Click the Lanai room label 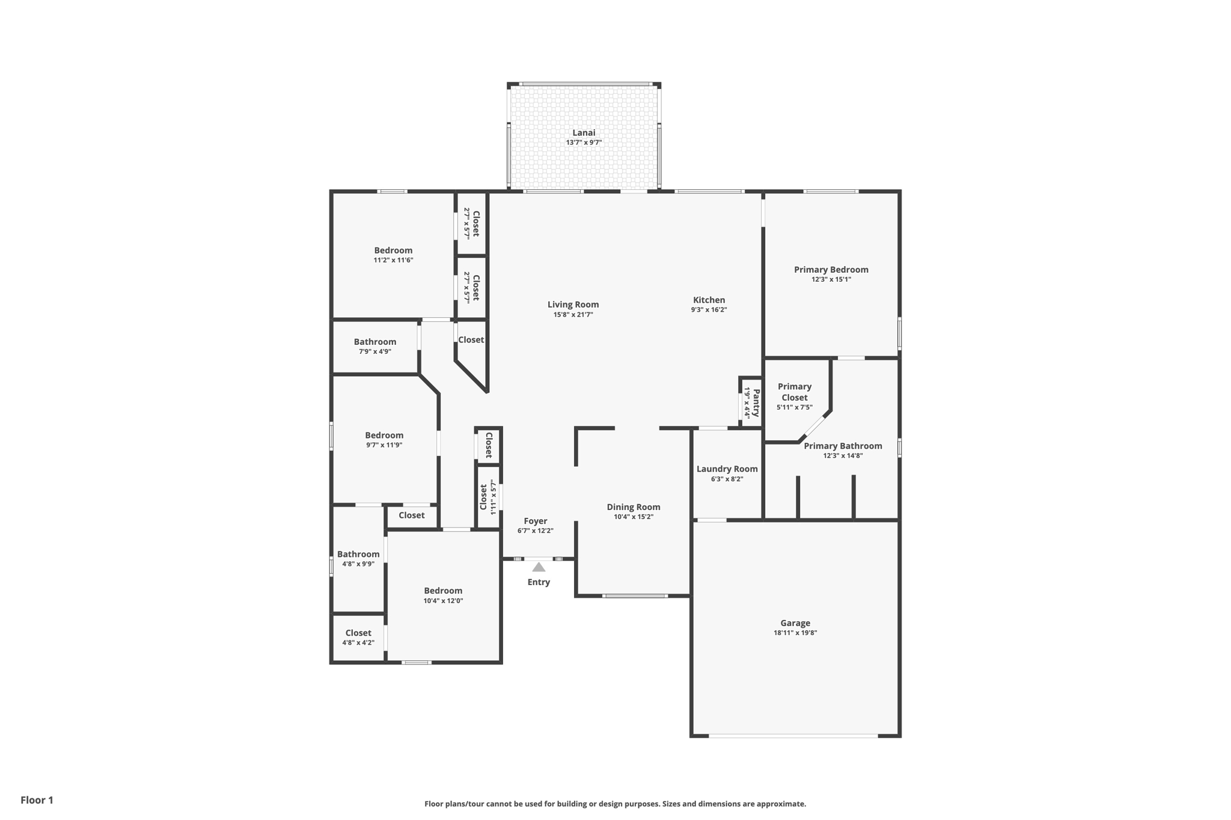coord(584,133)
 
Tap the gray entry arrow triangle coord(539,567)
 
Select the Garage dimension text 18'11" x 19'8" coord(795,633)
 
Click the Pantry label coord(756,402)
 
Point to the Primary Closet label coord(795,392)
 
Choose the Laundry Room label coord(727,469)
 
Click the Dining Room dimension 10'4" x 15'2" coord(634,517)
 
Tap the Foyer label coord(535,521)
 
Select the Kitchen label coord(709,300)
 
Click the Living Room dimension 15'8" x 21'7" coord(573,314)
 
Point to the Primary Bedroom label coord(831,269)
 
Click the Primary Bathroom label coord(843,446)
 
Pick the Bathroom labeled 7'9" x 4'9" coord(374,342)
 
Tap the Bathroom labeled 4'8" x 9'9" coord(358,554)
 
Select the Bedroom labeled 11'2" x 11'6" coord(393,251)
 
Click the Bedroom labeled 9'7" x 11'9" coord(384,435)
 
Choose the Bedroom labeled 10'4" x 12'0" coord(443,591)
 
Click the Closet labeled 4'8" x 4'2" coord(358,633)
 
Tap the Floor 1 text coord(37,800)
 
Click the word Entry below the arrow coord(539,582)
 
